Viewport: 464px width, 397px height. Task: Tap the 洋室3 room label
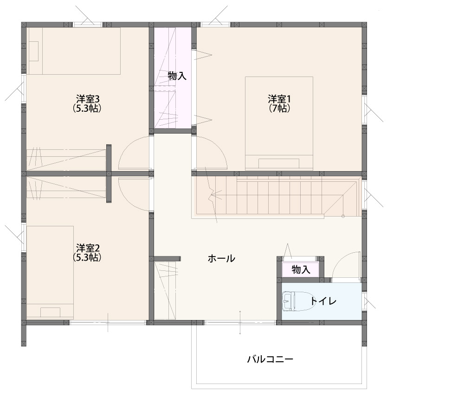click(88, 98)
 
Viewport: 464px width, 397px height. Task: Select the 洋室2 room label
click(88, 247)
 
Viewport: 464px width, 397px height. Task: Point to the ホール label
click(221, 258)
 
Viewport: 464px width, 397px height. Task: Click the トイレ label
click(323, 301)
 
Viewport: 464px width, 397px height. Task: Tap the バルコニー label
click(270, 359)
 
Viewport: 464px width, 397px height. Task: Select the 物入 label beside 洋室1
click(177, 76)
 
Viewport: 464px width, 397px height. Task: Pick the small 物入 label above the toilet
click(301, 269)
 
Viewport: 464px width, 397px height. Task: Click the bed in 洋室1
click(279, 123)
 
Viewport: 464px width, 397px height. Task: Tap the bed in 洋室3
click(74, 51)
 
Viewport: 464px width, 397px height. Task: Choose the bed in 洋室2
click(50, 272)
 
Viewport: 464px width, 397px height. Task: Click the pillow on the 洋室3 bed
click(33, 51)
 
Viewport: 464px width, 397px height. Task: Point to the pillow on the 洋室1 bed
click(279, 164)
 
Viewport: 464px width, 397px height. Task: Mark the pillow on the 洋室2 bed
click(50, 313)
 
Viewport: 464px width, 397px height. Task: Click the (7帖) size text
click(279, 108)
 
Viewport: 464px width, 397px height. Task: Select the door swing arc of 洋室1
click(219, 147)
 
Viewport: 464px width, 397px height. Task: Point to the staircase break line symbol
click(213, 197)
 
